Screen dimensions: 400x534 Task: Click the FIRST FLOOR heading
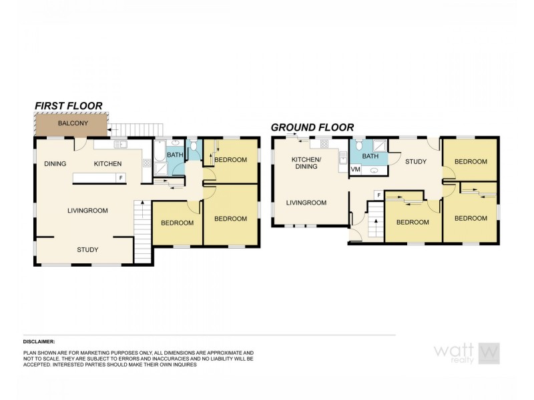coord(68,105)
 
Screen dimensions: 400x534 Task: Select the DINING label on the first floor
coord(55,163)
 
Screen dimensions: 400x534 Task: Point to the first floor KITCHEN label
coord(107,163)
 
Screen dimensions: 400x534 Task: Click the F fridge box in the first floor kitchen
coord(121,178)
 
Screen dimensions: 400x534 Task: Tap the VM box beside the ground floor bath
coord(355,169)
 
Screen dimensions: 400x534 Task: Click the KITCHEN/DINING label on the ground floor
coord(306,163)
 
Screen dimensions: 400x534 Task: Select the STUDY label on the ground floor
coord(416,161)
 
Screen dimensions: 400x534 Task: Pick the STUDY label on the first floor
coord(87,250)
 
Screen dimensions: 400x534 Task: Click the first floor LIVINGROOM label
coord(87,211)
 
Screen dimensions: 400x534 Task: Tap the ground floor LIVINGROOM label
coord(306,203)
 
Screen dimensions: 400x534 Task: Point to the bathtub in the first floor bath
coord(160,155)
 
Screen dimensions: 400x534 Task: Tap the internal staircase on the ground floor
coord(376,219)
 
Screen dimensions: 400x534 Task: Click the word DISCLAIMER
coord(39,341)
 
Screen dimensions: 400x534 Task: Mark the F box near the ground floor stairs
coord(379,195)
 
